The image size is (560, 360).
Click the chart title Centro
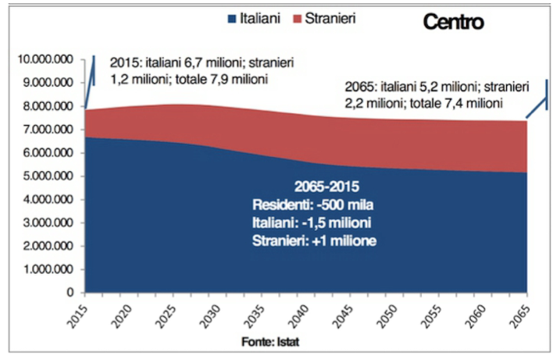(x=453, y=22)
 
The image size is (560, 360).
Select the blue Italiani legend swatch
(x=230, y=18)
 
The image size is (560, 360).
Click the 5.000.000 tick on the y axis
(x=48, y=176)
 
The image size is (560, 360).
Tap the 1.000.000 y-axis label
(x=48, y=269)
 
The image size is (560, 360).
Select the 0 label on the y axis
(x=71, y=293)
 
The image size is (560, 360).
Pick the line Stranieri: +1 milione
(x=314, y=241)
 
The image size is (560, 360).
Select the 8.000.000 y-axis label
(x=48, y=106)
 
